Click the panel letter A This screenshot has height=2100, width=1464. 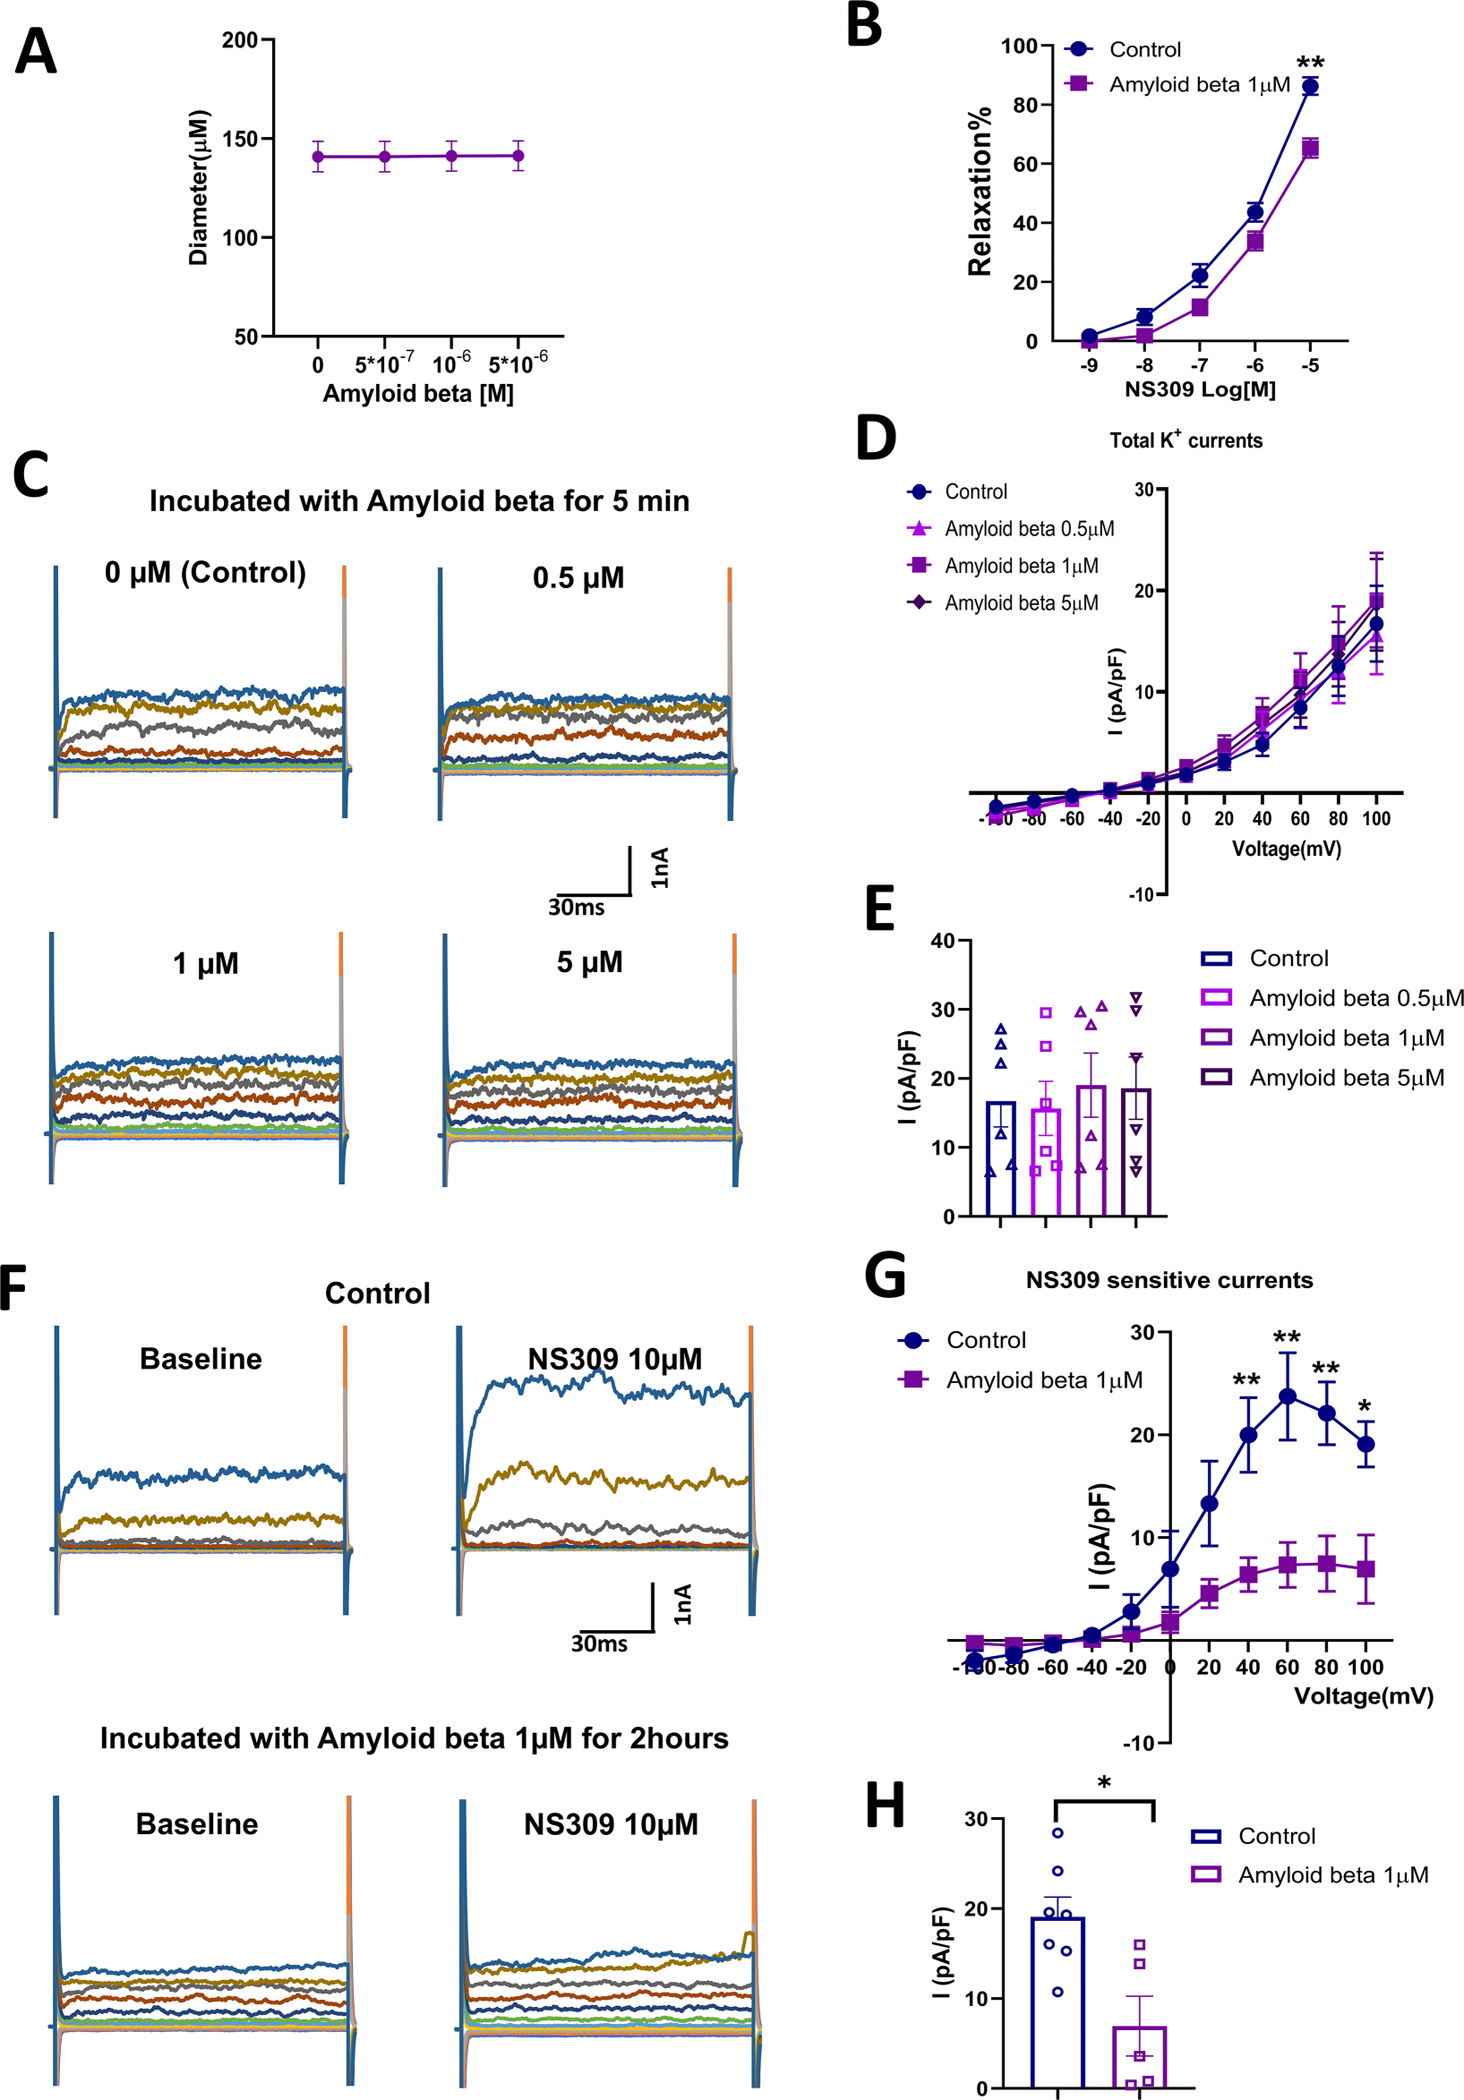36,52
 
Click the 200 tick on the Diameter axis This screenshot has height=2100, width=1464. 240,41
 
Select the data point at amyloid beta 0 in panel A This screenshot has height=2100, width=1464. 318,157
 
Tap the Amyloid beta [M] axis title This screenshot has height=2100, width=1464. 418,394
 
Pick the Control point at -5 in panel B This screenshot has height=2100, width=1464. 1309,87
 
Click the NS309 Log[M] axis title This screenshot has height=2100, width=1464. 1200,390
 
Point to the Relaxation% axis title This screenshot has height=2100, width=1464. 980,190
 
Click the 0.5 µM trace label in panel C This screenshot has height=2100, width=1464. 578,578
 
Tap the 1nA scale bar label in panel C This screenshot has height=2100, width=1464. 660,868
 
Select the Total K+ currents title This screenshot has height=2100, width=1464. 1186,441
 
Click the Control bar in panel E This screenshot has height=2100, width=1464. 1001,1160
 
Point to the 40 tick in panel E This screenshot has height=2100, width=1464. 942,941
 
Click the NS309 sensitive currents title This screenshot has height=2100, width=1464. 1169,1280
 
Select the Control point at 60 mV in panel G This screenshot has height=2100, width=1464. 1288,1397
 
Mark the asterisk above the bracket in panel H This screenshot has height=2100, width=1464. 1104,1783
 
